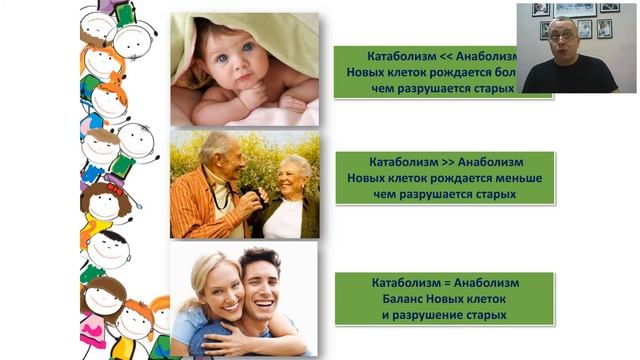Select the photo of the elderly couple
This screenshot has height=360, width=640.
[x=244, y=184]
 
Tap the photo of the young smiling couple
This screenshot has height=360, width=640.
[x=244, y=299]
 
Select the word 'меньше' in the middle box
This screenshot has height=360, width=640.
[x=515, y=177]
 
